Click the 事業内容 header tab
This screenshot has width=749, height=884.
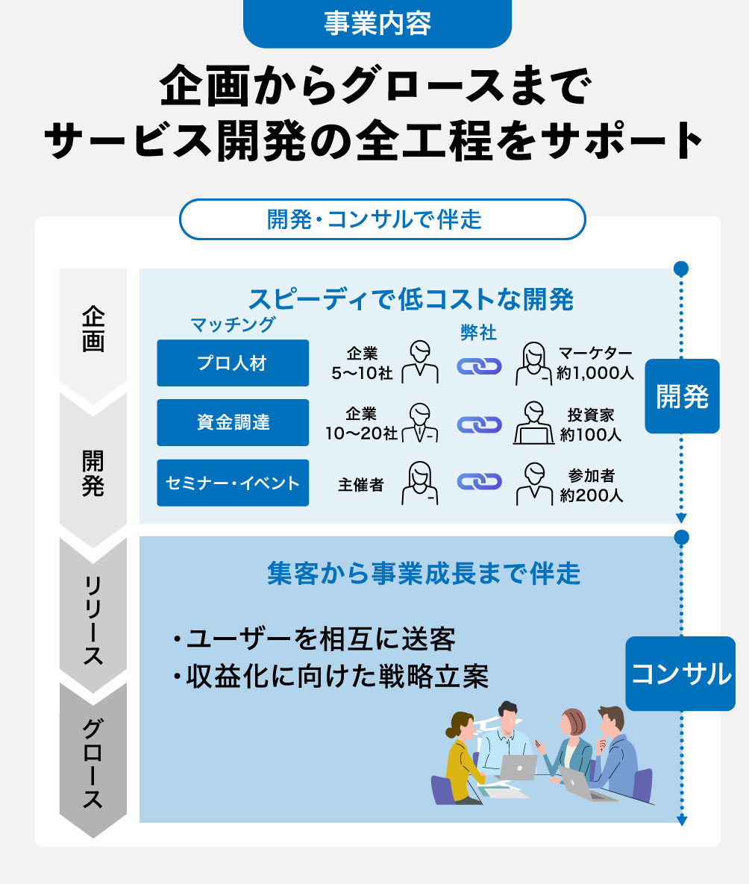pos(377,24)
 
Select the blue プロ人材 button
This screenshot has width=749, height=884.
pos(233,363)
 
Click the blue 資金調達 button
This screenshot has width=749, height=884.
pos(233,423)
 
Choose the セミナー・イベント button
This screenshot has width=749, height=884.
pos(233,483)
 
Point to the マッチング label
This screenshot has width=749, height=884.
pos(233,325)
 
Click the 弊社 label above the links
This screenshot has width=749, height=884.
pos(478,333)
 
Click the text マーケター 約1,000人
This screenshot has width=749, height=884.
pos(595,363)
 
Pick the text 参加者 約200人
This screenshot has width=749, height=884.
pos(591,485)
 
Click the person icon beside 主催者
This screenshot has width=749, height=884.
pos(419,483)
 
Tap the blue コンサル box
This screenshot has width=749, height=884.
pos(680,674)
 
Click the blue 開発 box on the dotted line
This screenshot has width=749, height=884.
pos(682,397)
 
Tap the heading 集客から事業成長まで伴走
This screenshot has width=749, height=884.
pos(423,574)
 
